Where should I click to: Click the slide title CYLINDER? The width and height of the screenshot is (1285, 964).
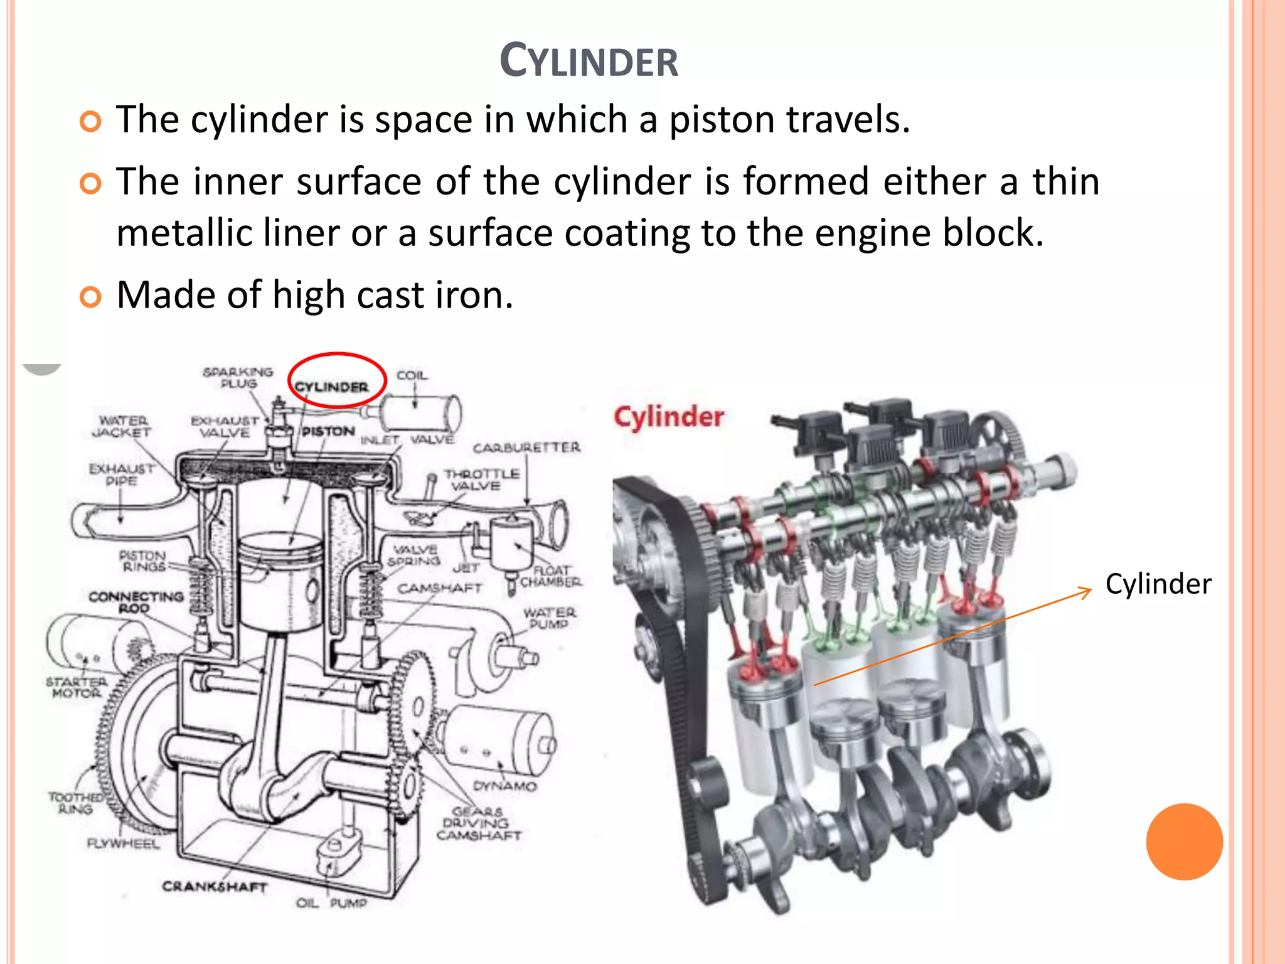tap(589, 62)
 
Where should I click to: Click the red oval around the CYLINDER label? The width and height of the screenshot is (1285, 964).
tap(337, 356)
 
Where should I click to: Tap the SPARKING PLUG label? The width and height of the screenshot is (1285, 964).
tap(238, 377)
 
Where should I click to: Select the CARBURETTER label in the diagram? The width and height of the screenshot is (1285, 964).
tap(526, 447)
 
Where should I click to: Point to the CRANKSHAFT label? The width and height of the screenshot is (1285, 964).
tap(215, 886)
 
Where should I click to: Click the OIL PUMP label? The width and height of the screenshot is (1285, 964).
tap(331, 902)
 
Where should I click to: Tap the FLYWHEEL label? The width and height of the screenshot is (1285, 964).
tap(123, 843)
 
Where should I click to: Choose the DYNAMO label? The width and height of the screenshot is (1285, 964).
tap(504, 786)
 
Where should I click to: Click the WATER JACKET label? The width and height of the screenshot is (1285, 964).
tap(122, 426)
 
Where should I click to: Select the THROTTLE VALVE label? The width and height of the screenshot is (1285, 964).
tap(481, 479)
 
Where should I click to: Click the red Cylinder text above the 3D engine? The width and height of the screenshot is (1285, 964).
tap(668, 417)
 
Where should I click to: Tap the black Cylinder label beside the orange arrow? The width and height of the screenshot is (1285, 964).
tap(1158, 584)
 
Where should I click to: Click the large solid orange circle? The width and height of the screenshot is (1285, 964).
tap(1184, 842)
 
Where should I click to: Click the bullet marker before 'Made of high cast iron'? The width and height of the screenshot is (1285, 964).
tap(91, 297)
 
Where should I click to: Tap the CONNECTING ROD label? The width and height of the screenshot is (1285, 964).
tap(136, 602)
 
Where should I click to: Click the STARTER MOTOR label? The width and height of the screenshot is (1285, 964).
tap(76, 687)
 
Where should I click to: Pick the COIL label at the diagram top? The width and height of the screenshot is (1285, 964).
tap(412, 375)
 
